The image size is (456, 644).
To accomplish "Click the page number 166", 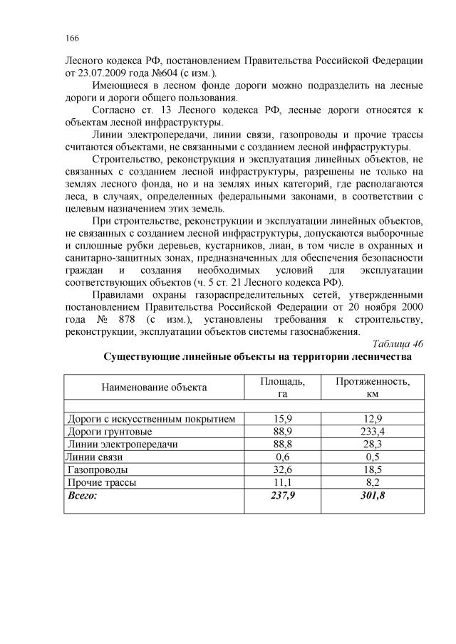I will click(71, 38).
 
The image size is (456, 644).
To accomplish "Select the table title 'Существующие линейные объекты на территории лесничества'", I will click(257, 355).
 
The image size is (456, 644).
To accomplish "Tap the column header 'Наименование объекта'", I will click(154, 388).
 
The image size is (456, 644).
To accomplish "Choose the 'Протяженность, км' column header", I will click(372, 388).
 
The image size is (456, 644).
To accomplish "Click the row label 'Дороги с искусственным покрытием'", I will click(150, 419).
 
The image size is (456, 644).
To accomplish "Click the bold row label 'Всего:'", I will click(81, 494).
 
